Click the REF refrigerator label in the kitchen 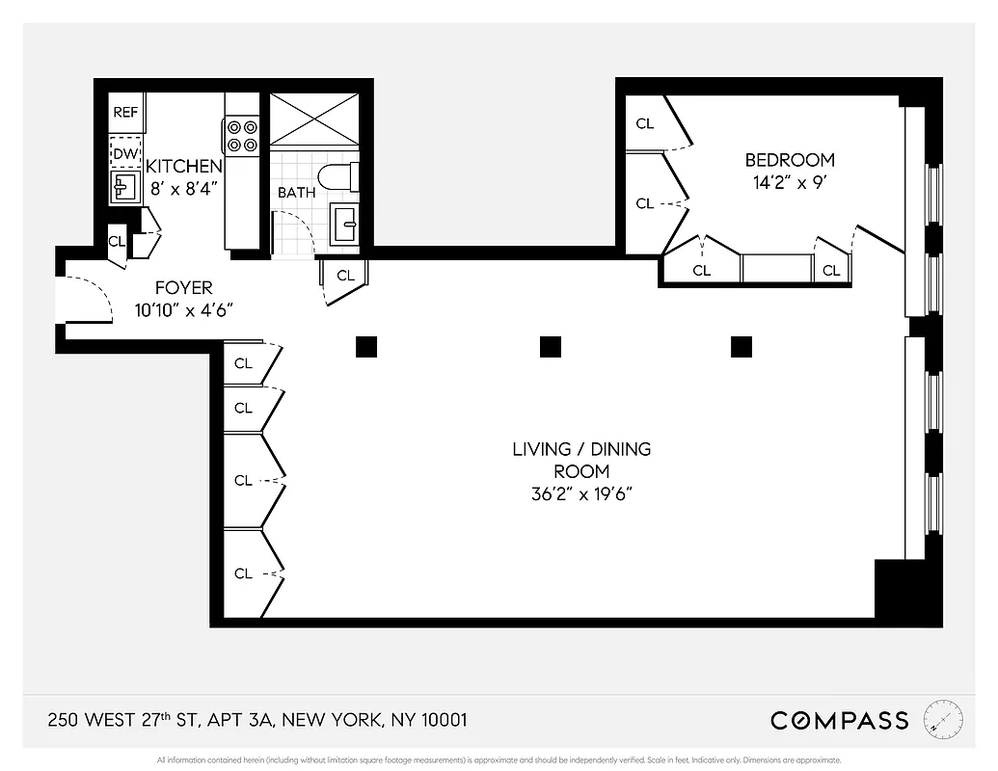[x=125, y=112]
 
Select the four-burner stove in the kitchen [x=241, y=135]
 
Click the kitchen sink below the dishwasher [x=124, y=186]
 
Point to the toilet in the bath [x=338, y=176]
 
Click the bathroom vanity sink [x=343, y=226]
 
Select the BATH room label [x=296, y=193]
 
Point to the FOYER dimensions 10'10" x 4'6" [x=184, y=309]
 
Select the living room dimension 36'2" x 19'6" [x=580, y=494]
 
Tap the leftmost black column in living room [x=365, y=347]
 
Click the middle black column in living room [x=551, y=347]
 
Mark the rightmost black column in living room [x=742, y=347]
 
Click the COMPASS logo [x=839, y=720]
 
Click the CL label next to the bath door [x=345, y=276]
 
